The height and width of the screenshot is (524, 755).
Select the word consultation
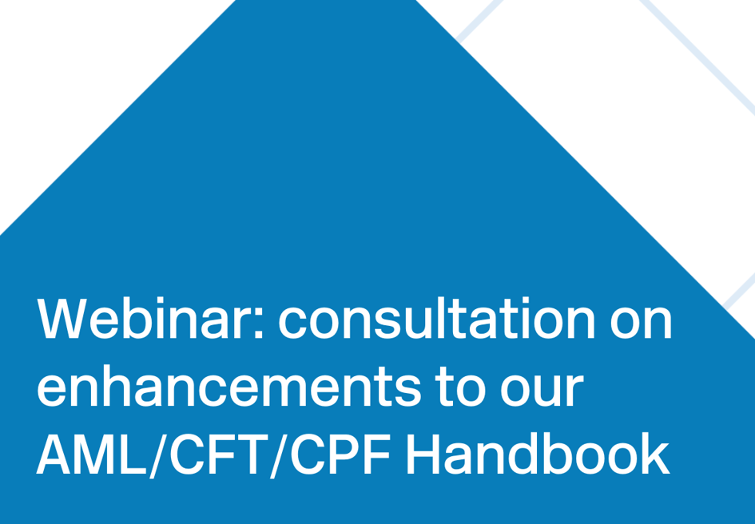click(437, 321)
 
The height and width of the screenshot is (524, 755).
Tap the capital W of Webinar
click(65, 321)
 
